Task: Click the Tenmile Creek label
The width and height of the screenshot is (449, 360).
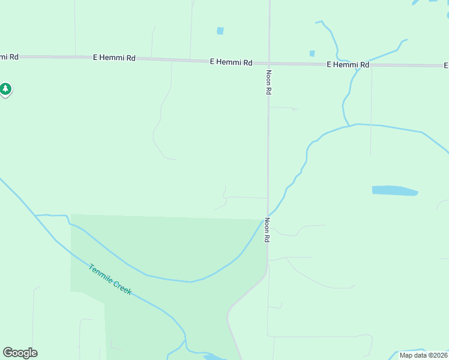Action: [110, 279]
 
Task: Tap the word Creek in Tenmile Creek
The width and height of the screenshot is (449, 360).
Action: [122, 288]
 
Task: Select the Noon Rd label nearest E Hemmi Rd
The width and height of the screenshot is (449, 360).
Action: [268, 82]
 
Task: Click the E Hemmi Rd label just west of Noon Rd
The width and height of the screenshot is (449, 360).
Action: [231, 62]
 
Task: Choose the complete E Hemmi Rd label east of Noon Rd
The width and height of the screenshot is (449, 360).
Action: [348, 64]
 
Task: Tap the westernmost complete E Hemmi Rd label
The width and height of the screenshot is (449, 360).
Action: [114, 58]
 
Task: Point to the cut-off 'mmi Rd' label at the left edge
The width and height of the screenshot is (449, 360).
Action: [9, 56]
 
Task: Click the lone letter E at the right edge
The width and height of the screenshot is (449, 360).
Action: [446, 65]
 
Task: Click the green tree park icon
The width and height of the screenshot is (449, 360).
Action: [5, 89]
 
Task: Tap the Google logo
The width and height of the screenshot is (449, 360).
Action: [20, 353]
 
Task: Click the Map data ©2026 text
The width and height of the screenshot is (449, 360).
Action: [423, 355]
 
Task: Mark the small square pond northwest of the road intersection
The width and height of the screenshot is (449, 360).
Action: [220, 31]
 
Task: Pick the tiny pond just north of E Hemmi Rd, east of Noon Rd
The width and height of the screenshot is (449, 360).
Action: [312, 53]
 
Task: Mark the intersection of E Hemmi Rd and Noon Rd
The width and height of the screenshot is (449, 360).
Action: [269, 62]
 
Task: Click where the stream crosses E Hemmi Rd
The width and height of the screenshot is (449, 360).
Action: [358, 65]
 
